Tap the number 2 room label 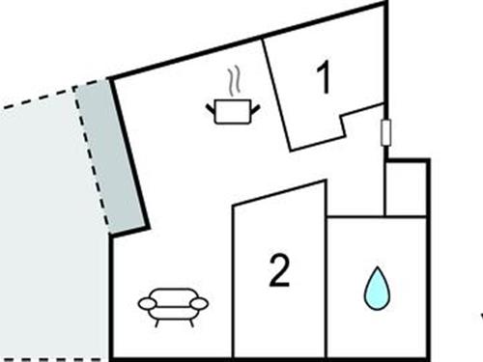pos(279,270)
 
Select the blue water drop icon pos(377,289)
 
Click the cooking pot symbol pos(233,112)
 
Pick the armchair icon pos(173,307)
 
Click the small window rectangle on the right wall pos(385,132)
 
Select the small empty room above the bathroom pos(406,189)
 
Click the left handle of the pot pos(211,108)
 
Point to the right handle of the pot pos(255,109)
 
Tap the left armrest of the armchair pos(148,303)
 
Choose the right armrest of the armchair pos(199,303)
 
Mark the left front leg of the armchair pos(157,322)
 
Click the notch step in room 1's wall pos(343,125)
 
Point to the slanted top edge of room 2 pos(279,193)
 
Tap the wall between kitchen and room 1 pos(276,95)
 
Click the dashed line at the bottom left pos(53,358)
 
